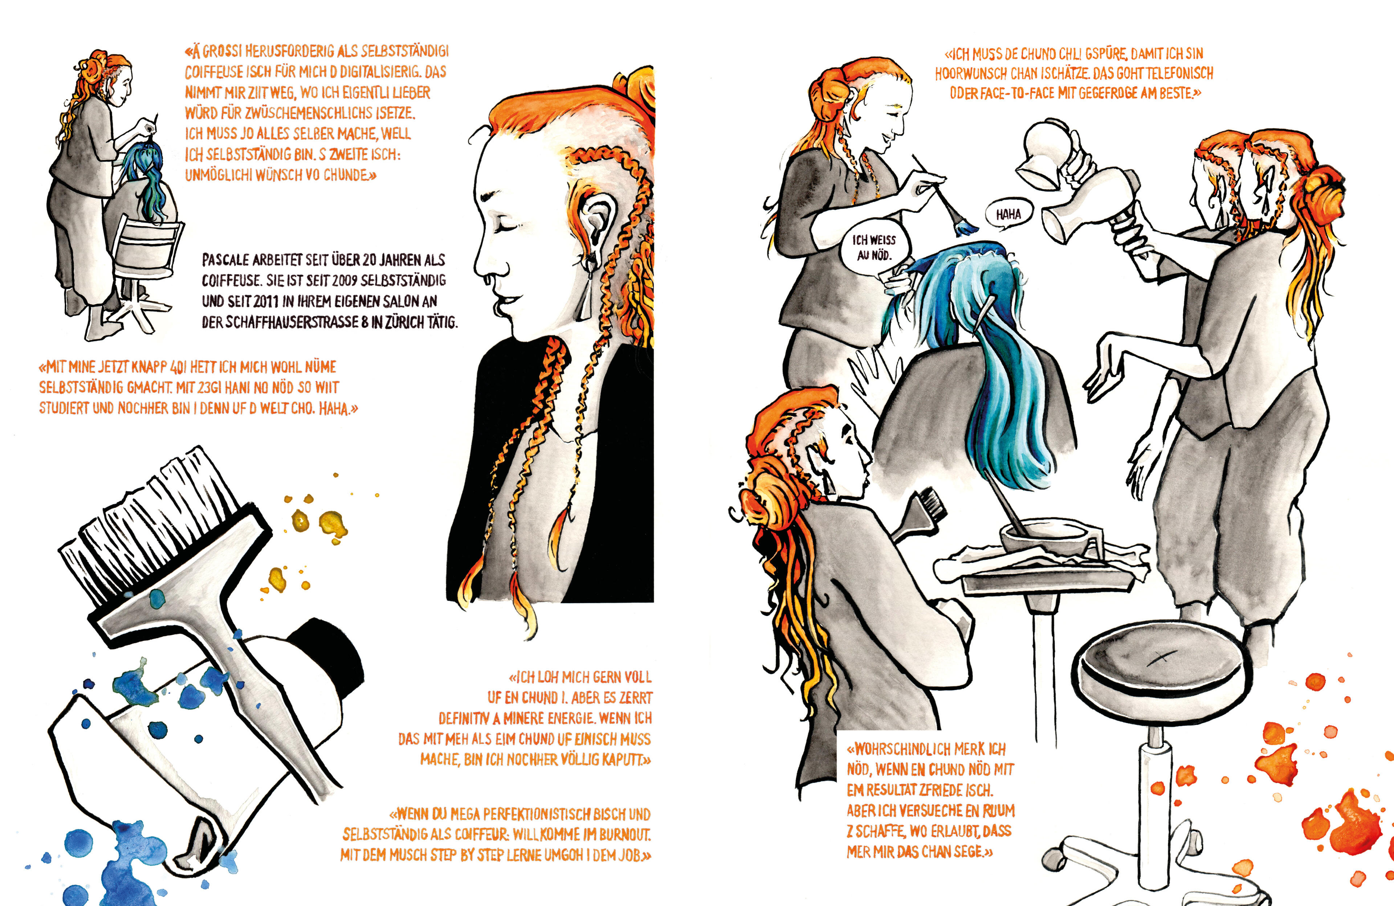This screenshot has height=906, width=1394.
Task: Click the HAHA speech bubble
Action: [x=1008, y=215]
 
